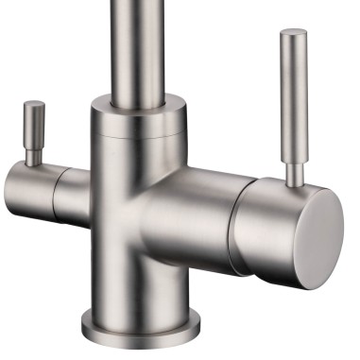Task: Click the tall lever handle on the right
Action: pyautogui.click(x=294, y=94)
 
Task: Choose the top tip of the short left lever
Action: pyautogui.click(x=35, y=104)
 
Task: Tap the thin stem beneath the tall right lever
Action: pyautogui.click(x=296, y=171)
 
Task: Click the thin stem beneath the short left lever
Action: pyautogui.click(x=34, y=156)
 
